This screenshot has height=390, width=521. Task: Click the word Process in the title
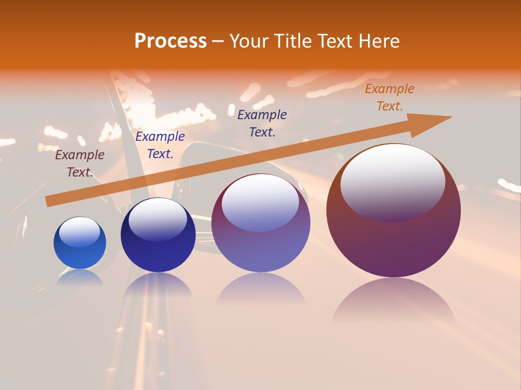[170, 41]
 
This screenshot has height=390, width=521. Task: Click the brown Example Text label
[80, 164]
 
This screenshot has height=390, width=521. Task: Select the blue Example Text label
[160, 145]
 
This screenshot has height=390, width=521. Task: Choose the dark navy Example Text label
[262, 123]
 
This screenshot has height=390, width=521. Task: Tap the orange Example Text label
[390, 97]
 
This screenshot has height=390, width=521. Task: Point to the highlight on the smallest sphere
[80, 232]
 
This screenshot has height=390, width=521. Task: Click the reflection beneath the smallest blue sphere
[80, 277]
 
